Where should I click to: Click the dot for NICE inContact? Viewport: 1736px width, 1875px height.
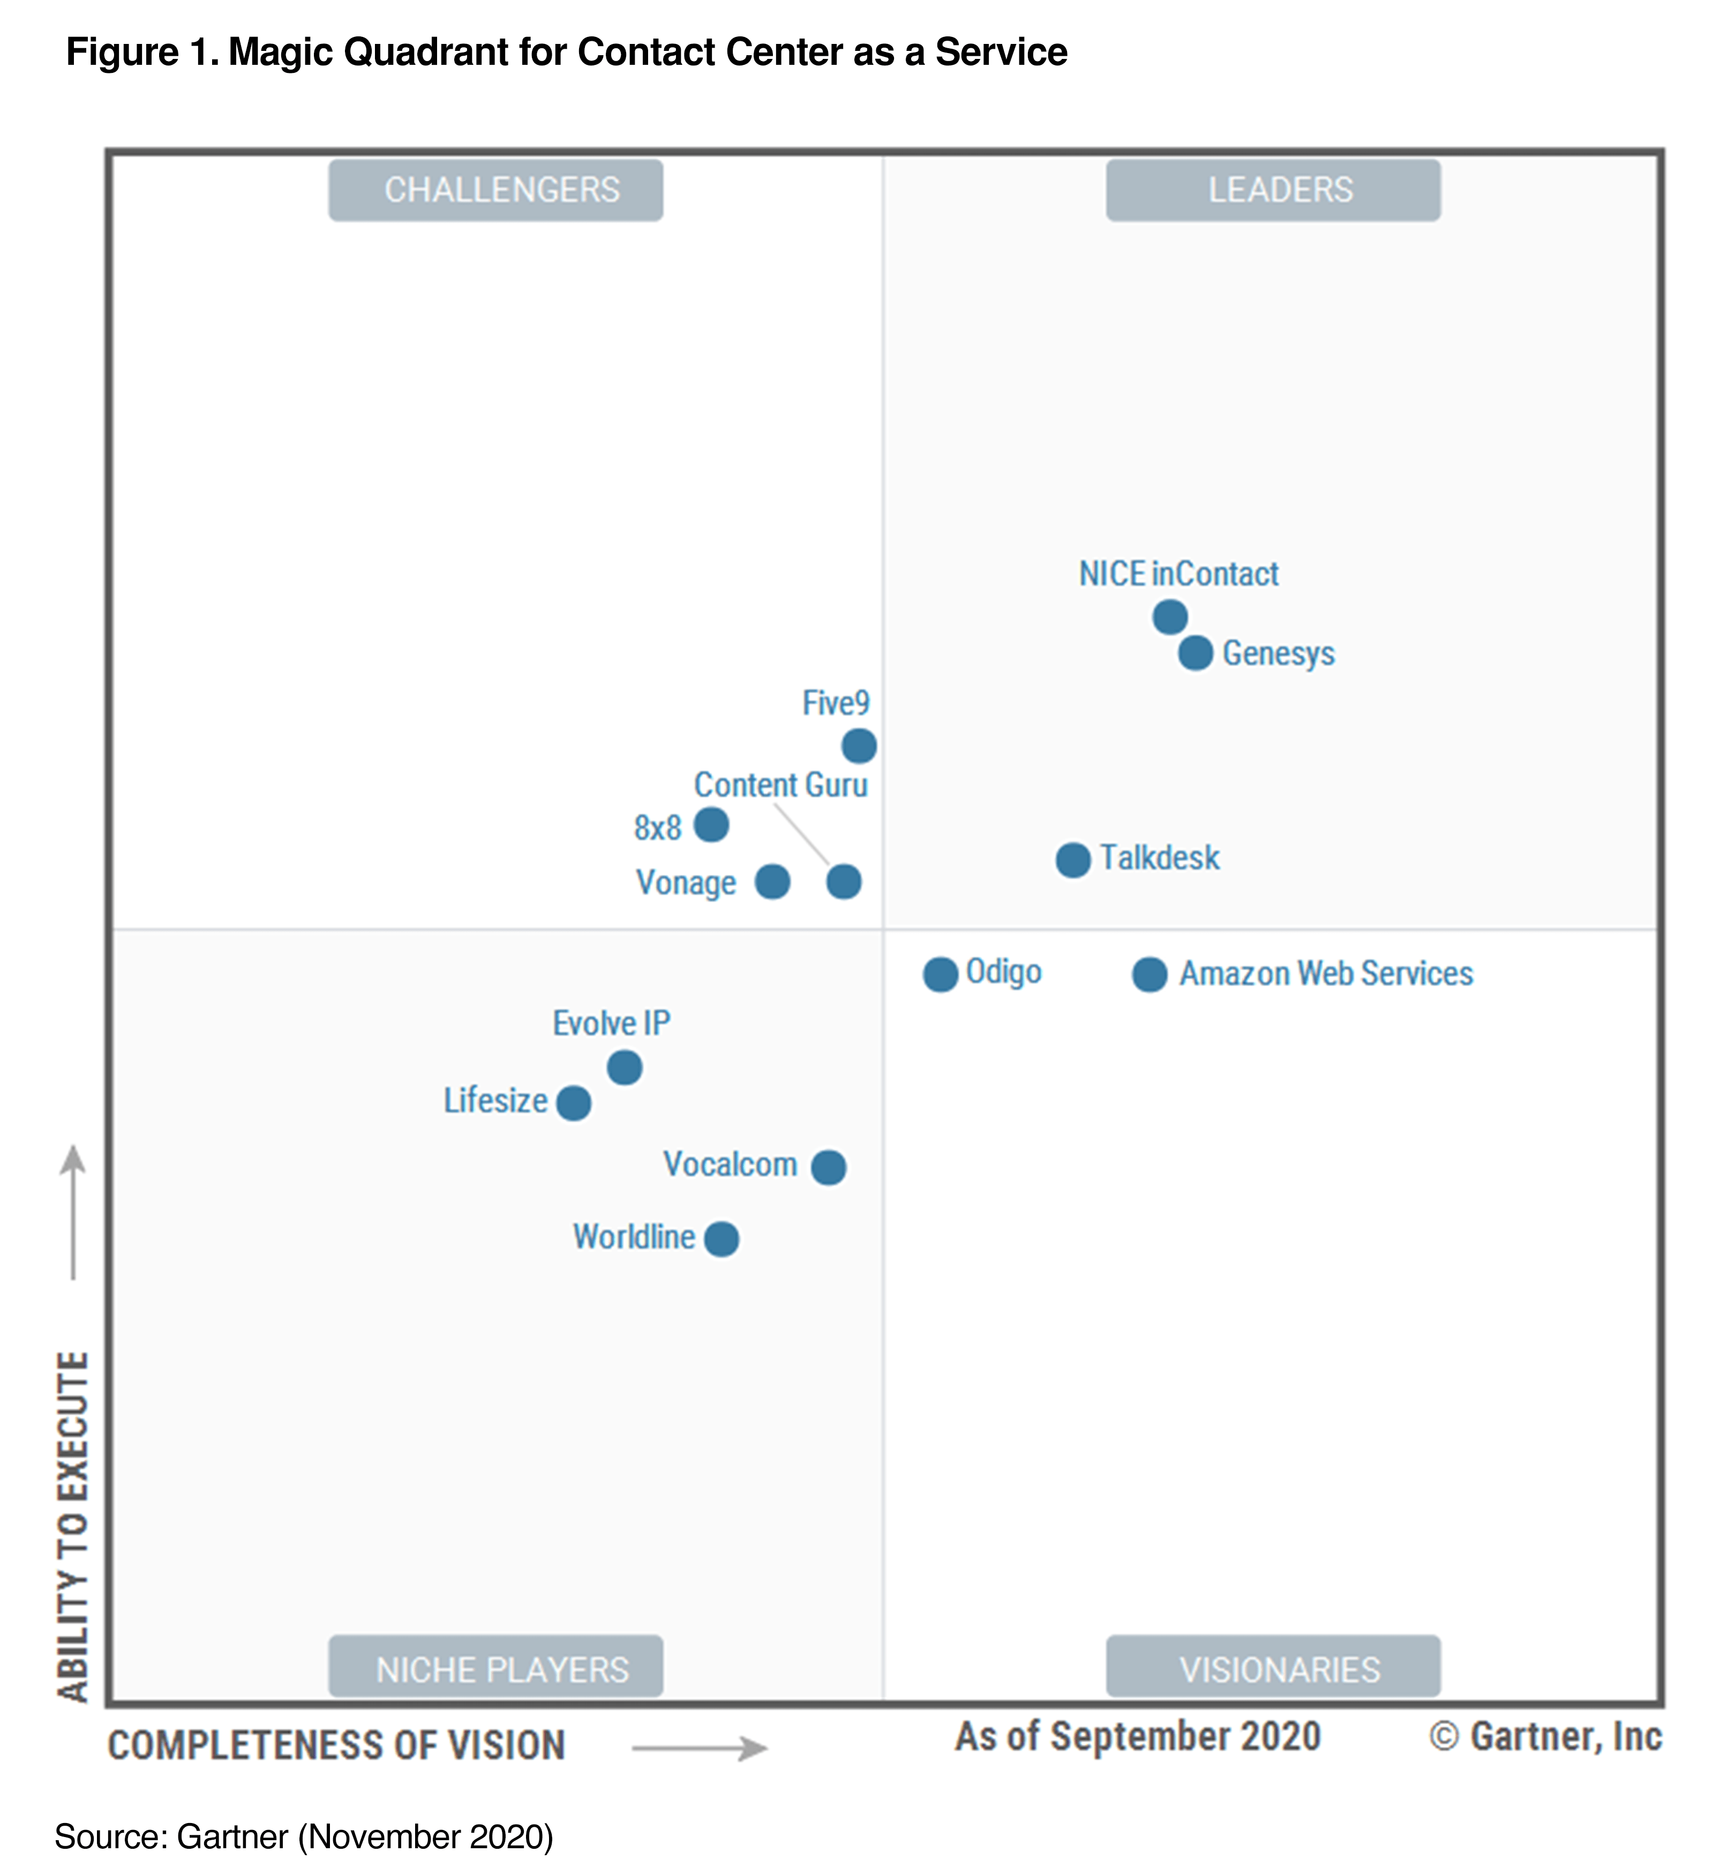1169,617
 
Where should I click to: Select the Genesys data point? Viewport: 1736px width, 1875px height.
1195,653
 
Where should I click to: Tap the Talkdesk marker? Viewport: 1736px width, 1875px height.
1073,859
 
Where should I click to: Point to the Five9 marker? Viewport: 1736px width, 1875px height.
859,746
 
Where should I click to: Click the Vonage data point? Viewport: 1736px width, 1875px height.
772,881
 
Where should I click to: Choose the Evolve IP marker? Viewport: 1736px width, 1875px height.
624,1067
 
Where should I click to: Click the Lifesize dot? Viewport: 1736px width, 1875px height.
573,1103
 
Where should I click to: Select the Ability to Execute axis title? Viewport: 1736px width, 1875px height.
73,1526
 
